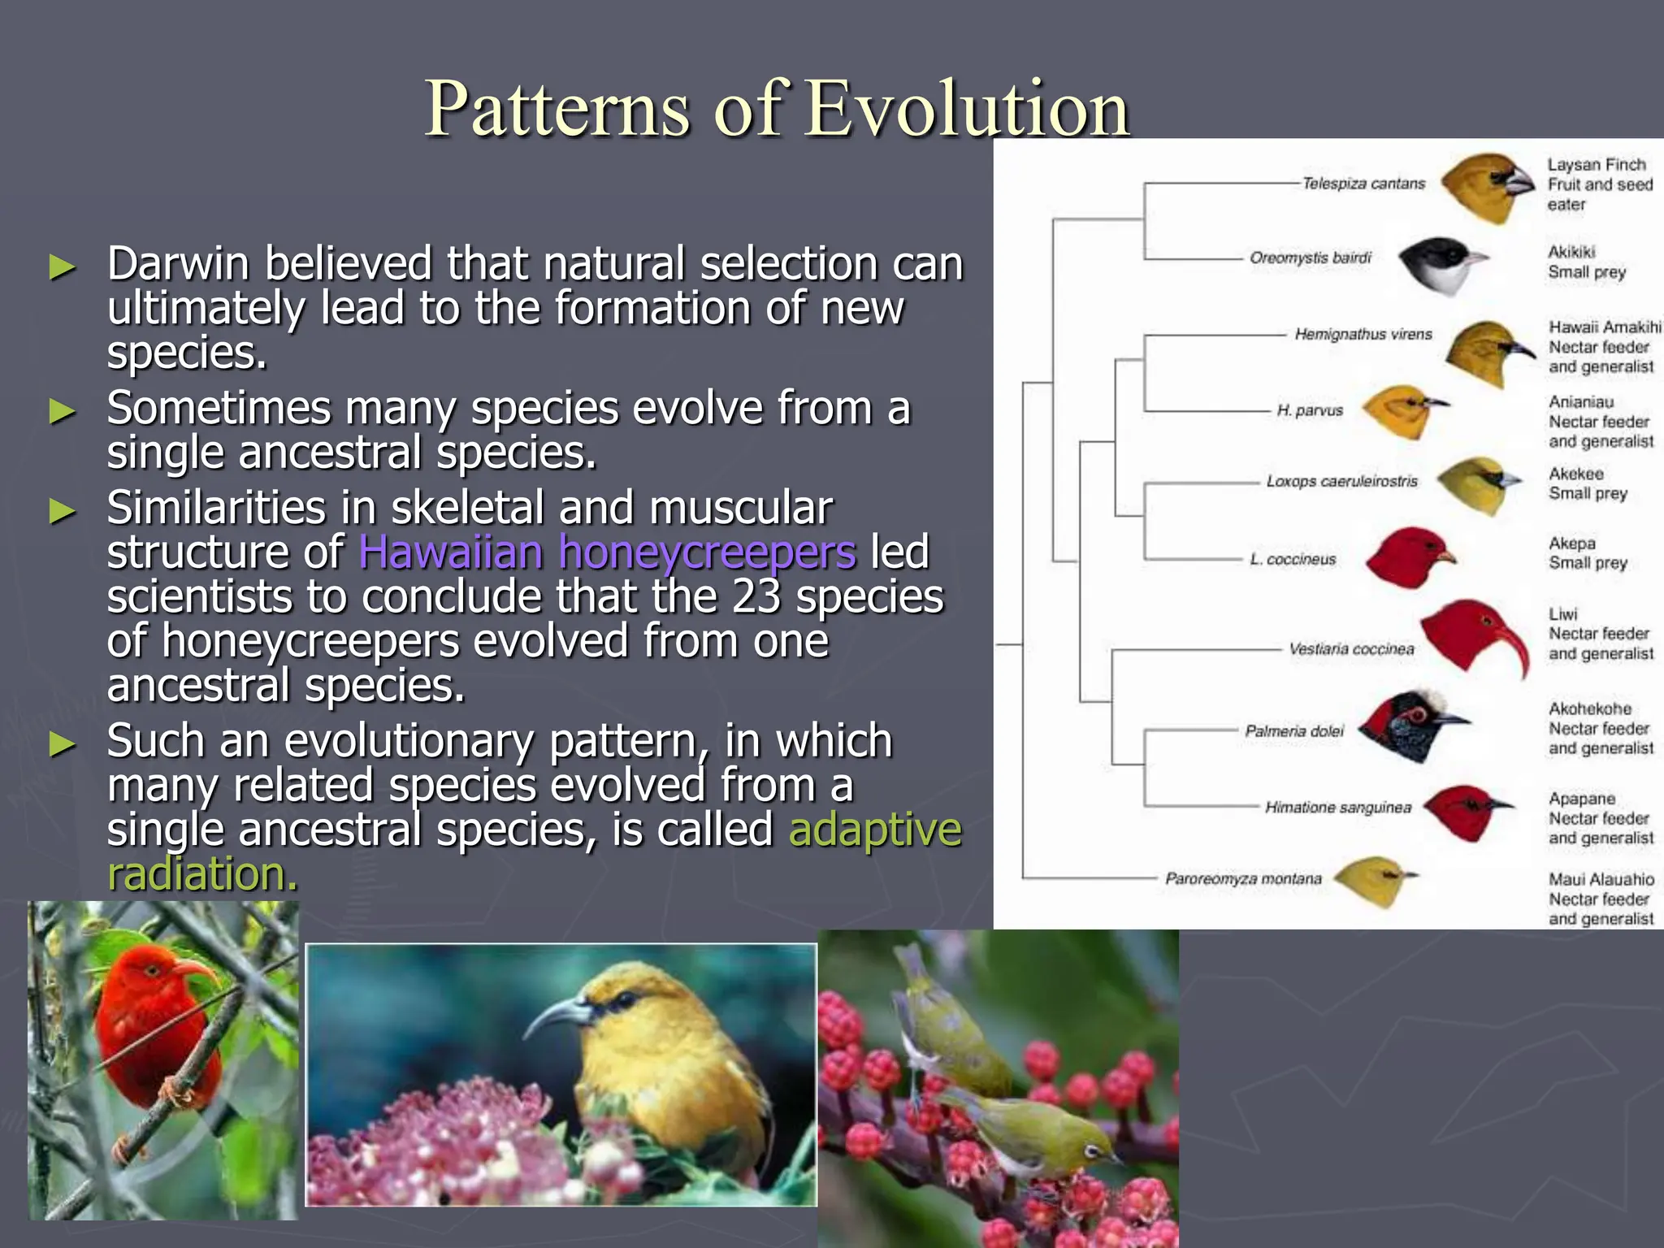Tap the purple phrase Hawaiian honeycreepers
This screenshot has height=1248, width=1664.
tap(607, 552)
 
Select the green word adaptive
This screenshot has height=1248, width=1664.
tap(875, 830)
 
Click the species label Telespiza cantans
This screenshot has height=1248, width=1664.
tap(1363, 184)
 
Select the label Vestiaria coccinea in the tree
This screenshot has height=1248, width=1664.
tap(1351, 649)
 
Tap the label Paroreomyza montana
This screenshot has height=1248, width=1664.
tap(1243, 879)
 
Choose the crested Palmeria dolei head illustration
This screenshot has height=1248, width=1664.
tap(1410, 723)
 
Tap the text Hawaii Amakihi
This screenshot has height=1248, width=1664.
tap(1604, 327)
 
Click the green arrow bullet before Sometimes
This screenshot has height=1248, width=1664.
tap(62, 411)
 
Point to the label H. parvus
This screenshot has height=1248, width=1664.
tap(1310, 410)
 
